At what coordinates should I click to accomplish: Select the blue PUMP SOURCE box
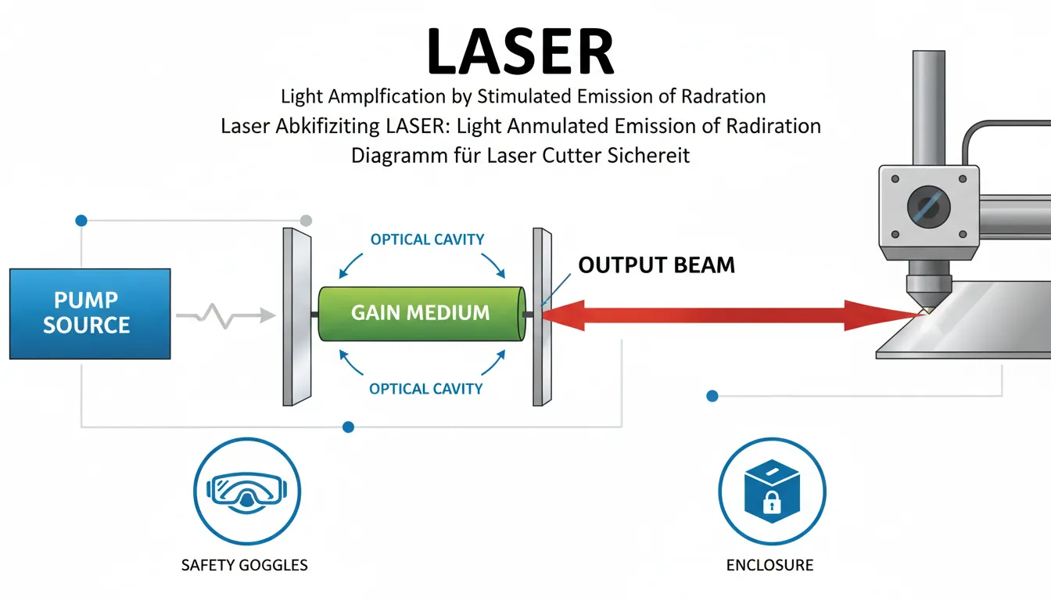[x=89, y=313]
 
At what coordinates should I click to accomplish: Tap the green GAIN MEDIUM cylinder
[x=421, y=313]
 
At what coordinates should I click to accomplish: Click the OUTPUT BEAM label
[x=656, y=265]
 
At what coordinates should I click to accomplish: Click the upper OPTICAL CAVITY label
[x=427, y=239]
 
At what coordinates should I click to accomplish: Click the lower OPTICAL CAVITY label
[x=425, y=388]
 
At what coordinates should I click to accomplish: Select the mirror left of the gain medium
[x=297, y=316]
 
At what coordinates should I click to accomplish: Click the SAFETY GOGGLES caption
[x=244, y=564]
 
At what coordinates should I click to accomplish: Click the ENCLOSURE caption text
[x=769, y=564]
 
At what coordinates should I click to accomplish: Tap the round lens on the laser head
[x=929, y=207]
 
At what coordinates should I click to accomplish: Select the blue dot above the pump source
[x=81, y=221]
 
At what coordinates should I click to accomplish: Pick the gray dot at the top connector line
[x=306, y=221]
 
